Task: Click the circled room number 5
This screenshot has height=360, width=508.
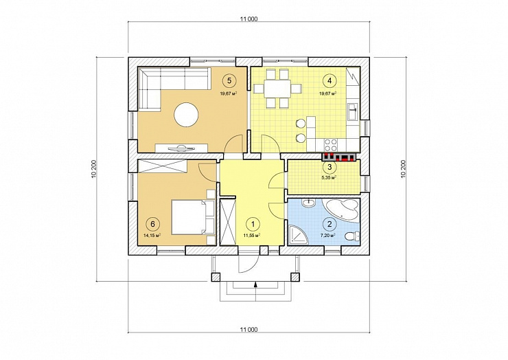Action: coord(229,81)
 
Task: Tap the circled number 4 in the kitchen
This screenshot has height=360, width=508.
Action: coord(330,81)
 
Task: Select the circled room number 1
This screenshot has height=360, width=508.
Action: coord(253,223)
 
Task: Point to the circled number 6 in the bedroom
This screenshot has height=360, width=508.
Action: coord(153,223)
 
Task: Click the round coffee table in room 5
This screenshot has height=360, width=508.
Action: coord(186,115)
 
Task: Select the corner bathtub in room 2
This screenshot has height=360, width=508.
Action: coord(343,210)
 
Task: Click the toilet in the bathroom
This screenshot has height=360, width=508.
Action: coord(352,236)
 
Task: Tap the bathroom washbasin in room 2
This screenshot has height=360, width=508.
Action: coord(309,203)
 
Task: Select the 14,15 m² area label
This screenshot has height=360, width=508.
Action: coord(152,236)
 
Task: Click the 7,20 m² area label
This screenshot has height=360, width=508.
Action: coord(327,236)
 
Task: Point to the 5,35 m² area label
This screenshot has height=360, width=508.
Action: coord(329,178)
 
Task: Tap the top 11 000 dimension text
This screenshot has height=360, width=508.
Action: coord(249,19)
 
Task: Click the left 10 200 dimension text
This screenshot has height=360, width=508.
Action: coord(93,169)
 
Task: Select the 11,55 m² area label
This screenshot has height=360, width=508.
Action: coord(252,236)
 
